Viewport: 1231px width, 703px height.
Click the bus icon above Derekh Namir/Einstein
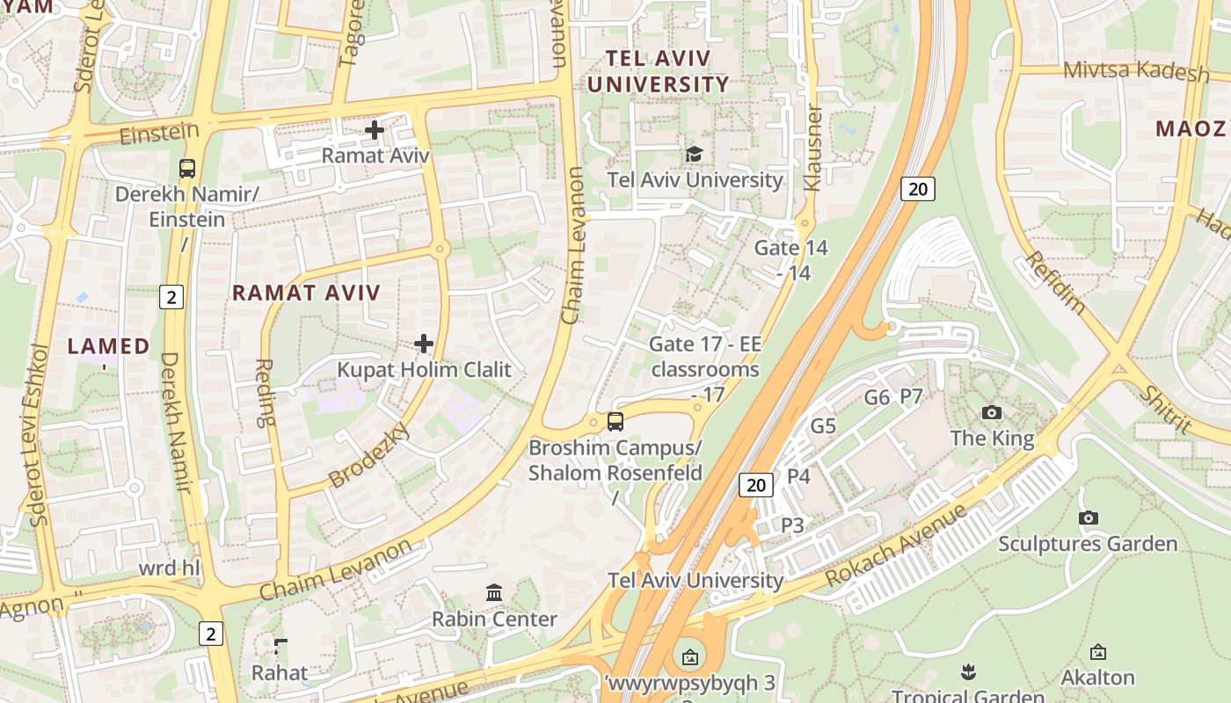[186, 168]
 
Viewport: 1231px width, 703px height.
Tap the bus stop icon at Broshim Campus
[615, 421]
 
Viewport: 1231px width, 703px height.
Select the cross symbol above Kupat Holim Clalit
[424, 343]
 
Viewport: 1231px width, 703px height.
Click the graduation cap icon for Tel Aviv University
[695, 154]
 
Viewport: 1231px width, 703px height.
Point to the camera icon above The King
[992, 412]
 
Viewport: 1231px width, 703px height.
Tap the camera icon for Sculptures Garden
[1089, 518]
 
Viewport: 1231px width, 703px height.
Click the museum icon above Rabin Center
[494, 593]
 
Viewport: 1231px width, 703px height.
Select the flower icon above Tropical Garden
[969, 672]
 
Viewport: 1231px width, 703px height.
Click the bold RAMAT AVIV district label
[306, 294]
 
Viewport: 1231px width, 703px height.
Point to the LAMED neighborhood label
[109, 346]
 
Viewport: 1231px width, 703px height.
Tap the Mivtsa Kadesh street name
[1136, 70]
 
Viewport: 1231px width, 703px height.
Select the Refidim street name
[1055, 283]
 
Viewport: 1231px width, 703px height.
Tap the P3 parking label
[793, 525]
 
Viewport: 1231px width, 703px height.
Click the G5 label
[823, 427]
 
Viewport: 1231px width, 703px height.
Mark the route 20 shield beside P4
[755, 484]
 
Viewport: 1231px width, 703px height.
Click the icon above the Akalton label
[1097, 652]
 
